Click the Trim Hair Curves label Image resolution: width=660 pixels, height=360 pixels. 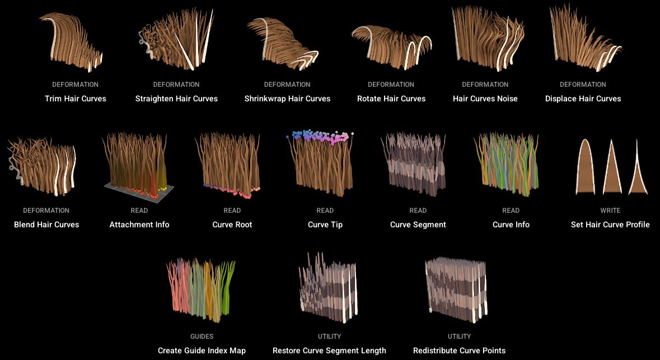pyautogui.click(x=76, y=99)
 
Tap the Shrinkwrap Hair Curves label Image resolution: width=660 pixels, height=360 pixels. pyautogui.click(x=288, y=99)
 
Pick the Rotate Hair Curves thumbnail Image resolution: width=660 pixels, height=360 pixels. pyautogui.click(x=391, y=47)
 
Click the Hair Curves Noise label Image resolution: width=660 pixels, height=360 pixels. pyautogui.click(x=485, y=99)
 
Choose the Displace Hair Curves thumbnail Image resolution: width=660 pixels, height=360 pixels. pyautogui.click(x=585, y=38)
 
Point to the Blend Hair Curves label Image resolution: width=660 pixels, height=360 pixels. pyautogui.click(x=46, y=225)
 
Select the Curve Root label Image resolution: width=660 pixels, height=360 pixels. pyautogui.click(x=232, y=225)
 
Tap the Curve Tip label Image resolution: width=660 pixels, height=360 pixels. pyautogui.click(x=325, y=225)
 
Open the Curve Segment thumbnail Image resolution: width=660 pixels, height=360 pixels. pyautogui.click(x=413, y=164)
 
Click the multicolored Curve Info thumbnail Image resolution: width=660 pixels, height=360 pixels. pyautogui.click(x=507, y=164)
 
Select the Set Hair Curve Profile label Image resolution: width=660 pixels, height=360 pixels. pyautogui.click(x=610, y=225)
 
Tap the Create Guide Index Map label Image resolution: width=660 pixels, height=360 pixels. pyautogui.click(x=202, y=350)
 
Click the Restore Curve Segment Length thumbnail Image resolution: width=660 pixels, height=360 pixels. pyautogui.click(x=328, y=288)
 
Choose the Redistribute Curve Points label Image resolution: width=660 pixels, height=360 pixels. pyautogui.click(x=459, y=350)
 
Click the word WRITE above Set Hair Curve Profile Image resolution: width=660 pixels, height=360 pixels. pyautogui.click(x=610, y=211)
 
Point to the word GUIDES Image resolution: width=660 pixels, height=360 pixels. pyautogui.click(x=202, y=336)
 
